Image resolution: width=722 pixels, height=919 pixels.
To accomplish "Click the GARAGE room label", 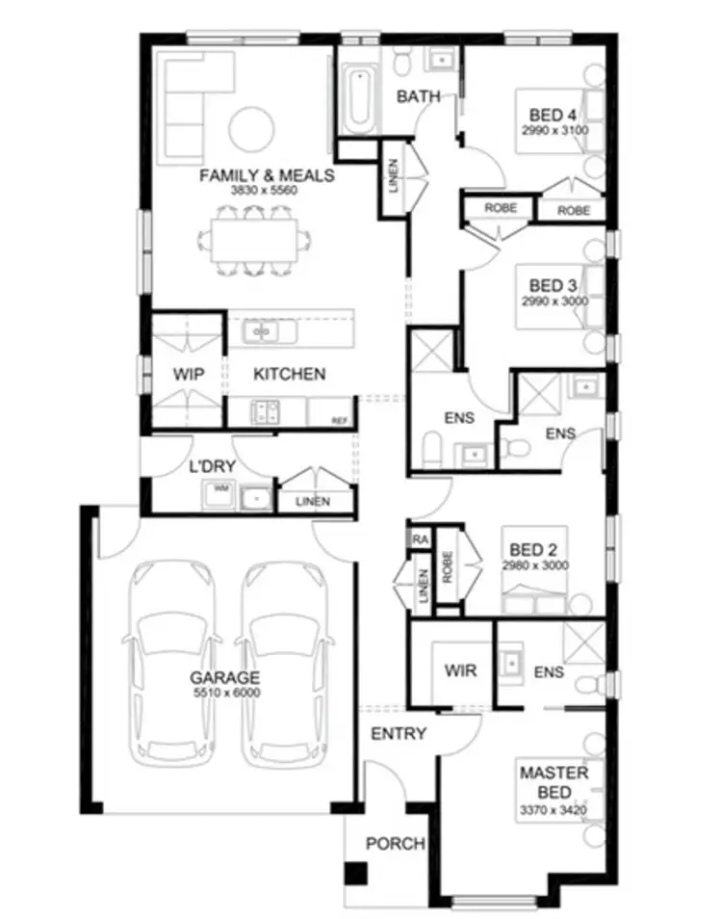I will point(224,677).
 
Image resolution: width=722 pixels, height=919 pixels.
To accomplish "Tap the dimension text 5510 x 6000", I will point(224,692).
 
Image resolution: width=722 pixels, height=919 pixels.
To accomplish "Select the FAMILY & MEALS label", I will point(266,175).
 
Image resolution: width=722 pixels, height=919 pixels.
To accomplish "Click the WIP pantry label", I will point(189,374).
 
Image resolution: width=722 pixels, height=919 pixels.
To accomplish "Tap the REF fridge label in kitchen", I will point(338,421).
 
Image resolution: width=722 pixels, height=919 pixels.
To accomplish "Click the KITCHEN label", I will point(289,374).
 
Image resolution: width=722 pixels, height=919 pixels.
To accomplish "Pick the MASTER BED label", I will point(554,781).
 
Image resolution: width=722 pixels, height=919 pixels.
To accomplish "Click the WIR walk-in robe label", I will point(454,669).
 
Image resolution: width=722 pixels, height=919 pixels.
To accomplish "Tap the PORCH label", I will point(395,844).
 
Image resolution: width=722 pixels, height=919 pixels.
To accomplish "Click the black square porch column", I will point(356,874).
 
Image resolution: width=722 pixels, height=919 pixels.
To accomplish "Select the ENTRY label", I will point(398,733).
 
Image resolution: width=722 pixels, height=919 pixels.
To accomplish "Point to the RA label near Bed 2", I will point(420,539).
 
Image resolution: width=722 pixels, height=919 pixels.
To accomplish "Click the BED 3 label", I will point(554,285).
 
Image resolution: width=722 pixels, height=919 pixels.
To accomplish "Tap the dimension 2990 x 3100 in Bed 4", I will point(554,129).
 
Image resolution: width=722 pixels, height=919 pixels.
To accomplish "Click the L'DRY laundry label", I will point(213,465).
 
